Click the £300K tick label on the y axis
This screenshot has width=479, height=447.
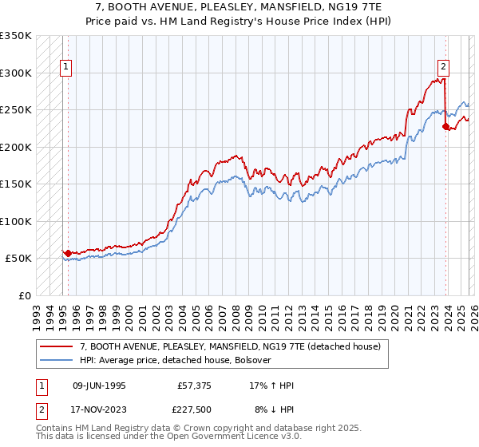pos(16,73)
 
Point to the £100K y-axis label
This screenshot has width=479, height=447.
pos(16,221)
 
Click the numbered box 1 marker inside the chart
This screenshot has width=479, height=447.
pos(65,68)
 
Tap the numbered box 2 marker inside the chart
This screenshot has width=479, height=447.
pos(443,68)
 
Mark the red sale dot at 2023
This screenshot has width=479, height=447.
pos(445,126)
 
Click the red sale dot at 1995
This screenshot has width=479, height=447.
pos(68,253)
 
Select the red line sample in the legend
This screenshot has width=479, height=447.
pos(57,346)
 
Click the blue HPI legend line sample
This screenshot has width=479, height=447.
pos(57,360)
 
